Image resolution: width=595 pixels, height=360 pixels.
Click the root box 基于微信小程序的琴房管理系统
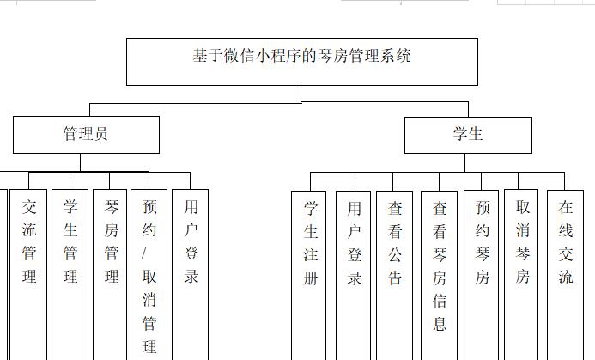tap(301, 61)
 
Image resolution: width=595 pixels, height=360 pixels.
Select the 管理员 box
tap(86, 135)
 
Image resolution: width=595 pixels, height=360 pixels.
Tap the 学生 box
tap(468, 135)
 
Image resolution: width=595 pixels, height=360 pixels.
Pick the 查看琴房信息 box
tap(440, 266)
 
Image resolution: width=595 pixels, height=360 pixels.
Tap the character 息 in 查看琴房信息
tap(440, 324)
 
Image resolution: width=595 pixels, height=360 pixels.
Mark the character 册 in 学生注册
tap(311, 278)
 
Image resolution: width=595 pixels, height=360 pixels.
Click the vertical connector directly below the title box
tap(301, 95)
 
